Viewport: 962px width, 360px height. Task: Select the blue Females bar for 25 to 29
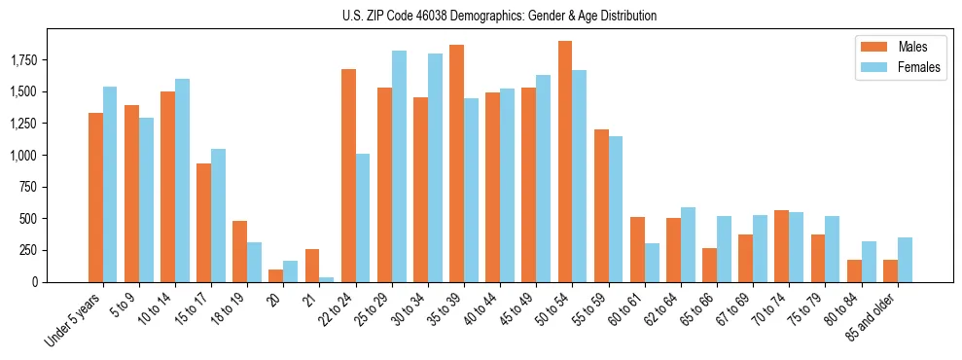[399, 166]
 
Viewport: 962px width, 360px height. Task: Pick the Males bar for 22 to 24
[348, 175]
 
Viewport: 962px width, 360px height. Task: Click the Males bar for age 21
[312, 266]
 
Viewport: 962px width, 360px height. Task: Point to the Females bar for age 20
[291, 271]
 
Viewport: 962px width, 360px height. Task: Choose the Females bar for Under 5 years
[110, 185]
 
